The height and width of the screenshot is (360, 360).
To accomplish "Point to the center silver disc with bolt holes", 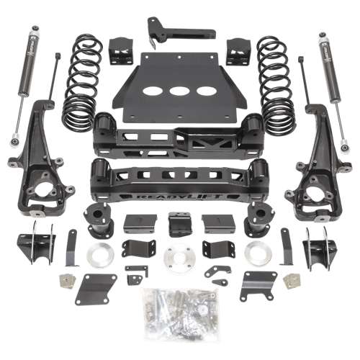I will point(179,257).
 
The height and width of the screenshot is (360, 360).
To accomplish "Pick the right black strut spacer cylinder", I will point(256,220).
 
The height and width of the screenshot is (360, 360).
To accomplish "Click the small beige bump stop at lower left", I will point(68,279).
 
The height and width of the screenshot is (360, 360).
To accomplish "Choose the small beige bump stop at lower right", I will point(291,278).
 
